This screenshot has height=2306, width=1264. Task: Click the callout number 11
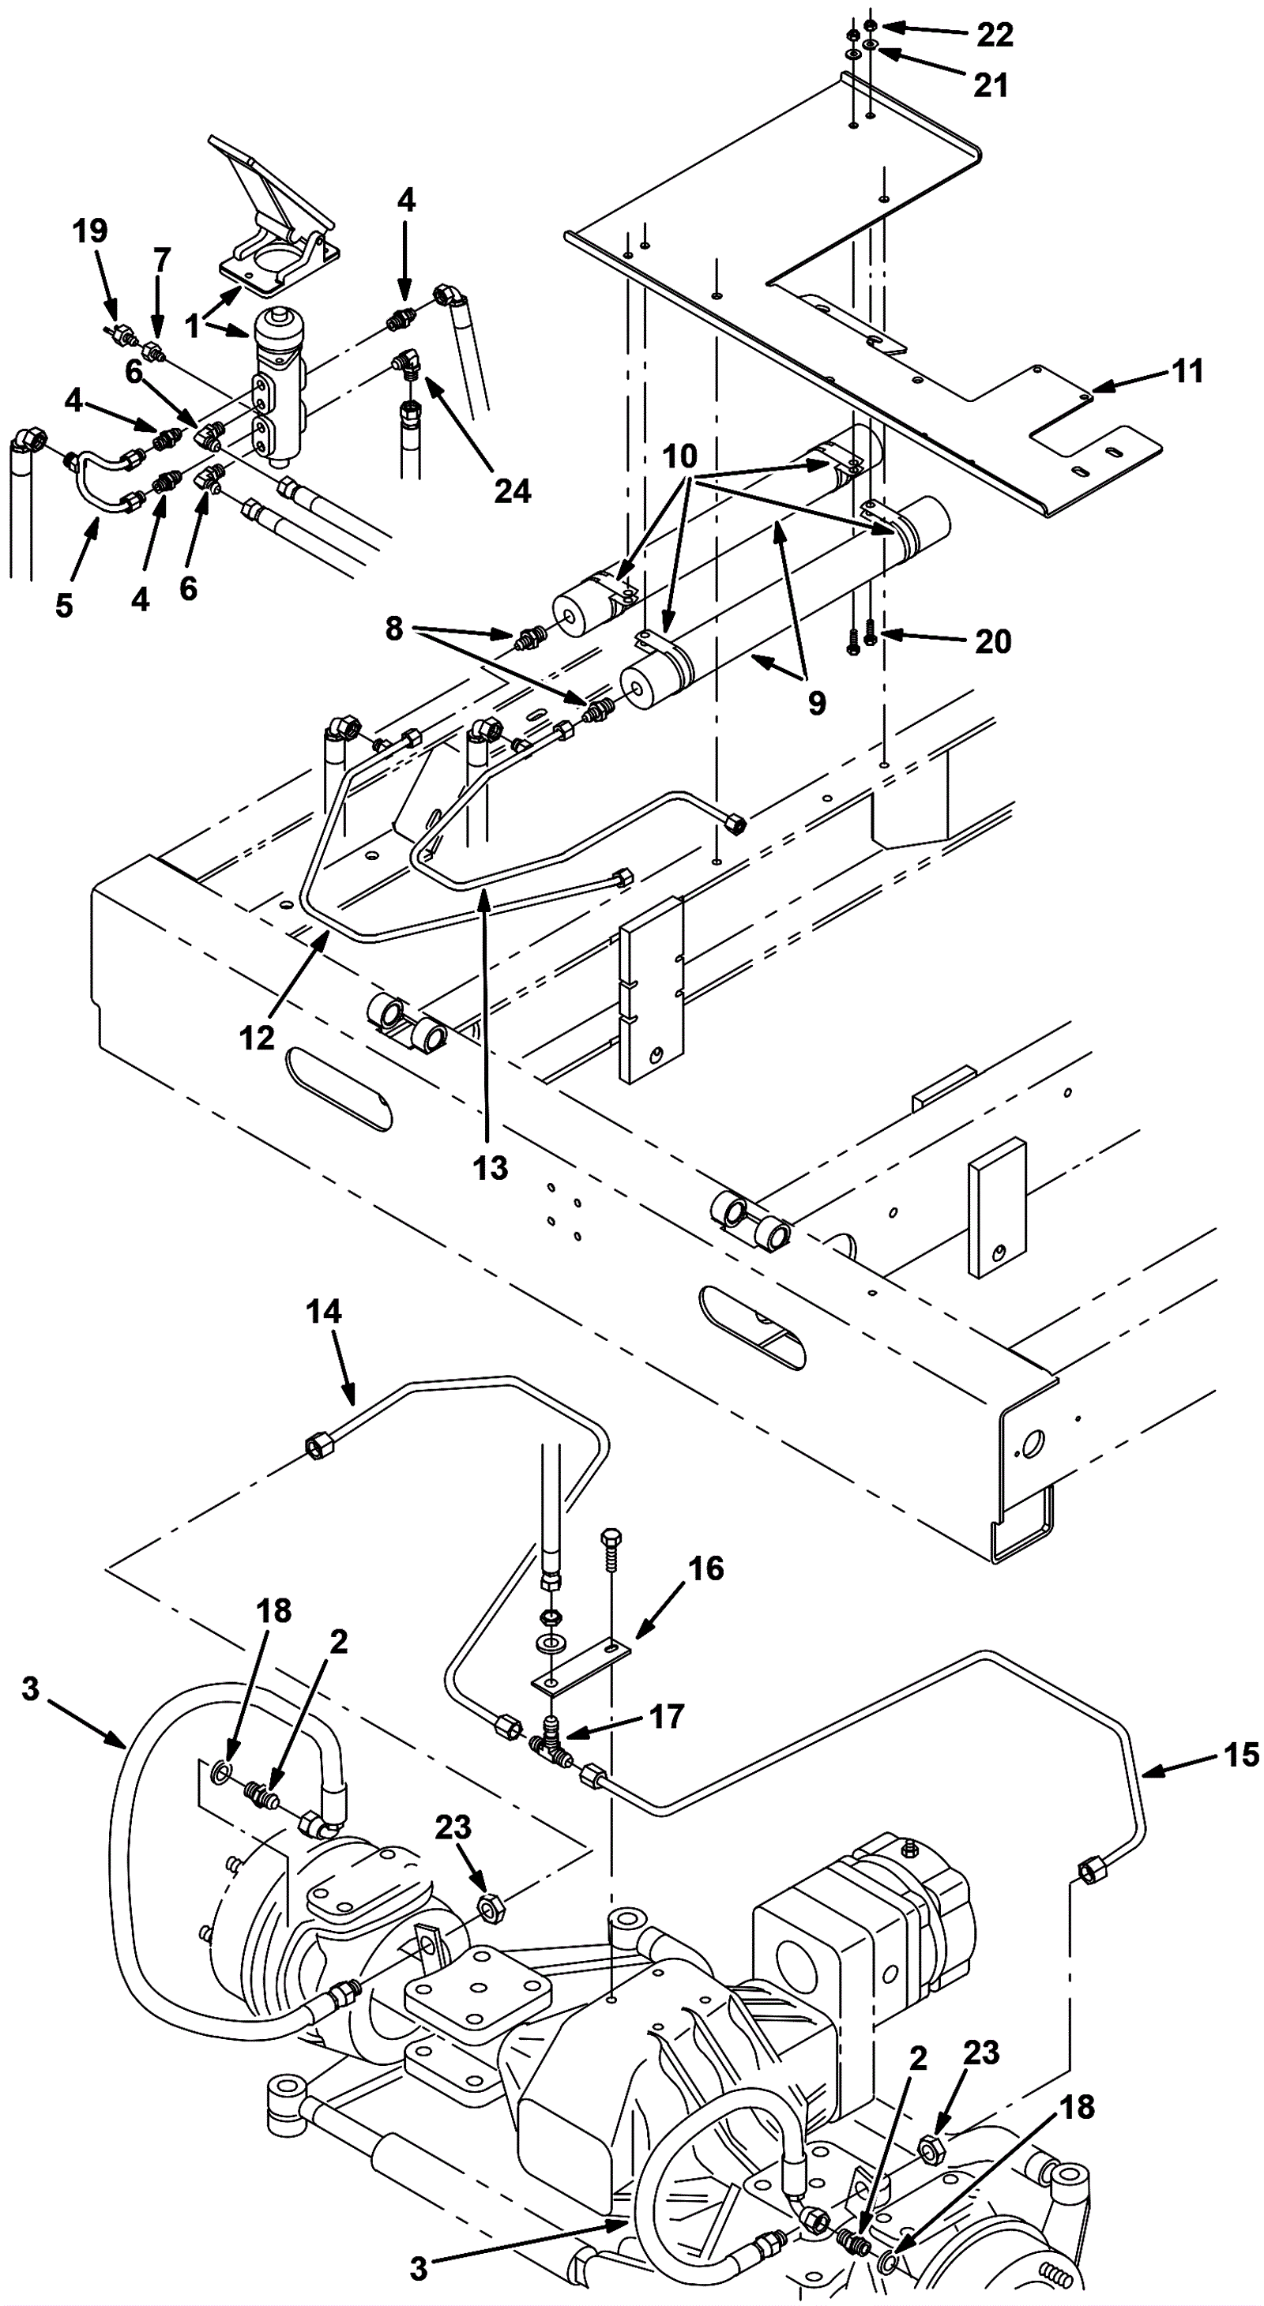pyautogui.click(x=1188, y=370)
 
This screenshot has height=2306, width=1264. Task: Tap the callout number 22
pyautogui.click(x=994, y=35)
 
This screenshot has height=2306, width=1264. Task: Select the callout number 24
pyautogui.click(x=512, y=490)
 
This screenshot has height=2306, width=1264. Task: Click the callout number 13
pyautogui.click(x=490, y=1167)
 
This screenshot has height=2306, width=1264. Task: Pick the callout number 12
pyautogui.click(x=257, y=1038)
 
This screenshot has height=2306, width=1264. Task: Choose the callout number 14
pyautogui.click(x=323, y=1312)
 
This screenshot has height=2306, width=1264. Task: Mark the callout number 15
pyautogui.click(x=1241, y=1756)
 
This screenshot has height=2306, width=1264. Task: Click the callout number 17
pyautogui.click(x=666, y=1716)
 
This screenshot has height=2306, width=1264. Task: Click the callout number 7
pyautogui.click(x=161, y=261)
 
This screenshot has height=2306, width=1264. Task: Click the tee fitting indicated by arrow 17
pyautogui.click(x=550, y=1741)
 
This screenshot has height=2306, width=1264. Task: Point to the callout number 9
pyautogui.click(x=816, y=703)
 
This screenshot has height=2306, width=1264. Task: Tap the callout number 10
pyautogui.click(x=679, y=456)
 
